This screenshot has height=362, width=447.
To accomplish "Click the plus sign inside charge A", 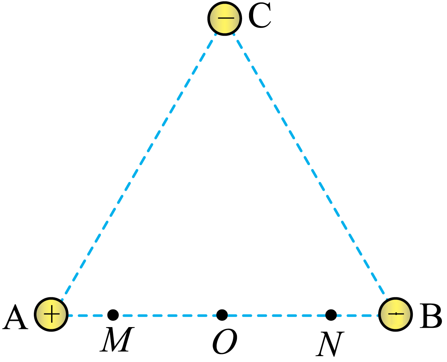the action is pos(52,314).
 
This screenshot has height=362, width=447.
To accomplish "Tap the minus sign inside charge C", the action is pos(226,18).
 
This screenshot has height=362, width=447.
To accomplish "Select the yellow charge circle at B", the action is pos(395,314).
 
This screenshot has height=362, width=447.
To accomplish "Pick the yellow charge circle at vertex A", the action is pos(51,314).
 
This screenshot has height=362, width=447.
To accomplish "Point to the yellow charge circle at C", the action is pos(225,18).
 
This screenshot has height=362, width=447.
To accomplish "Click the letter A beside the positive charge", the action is pos(15,318).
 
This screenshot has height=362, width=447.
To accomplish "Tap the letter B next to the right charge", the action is pos(431,316).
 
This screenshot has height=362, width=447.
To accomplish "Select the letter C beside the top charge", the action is pos(260,15).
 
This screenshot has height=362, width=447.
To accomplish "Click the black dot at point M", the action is pos(113,315).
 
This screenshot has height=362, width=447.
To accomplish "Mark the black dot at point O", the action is pos(222,315).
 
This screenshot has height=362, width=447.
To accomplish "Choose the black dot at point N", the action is pos(331,315).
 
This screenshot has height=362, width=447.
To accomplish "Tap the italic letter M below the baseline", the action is pos(117,339).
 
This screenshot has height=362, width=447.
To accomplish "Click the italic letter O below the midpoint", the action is pos(225,341).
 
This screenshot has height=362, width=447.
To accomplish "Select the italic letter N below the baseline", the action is pos(330,344).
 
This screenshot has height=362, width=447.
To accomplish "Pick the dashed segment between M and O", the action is pos(167,315).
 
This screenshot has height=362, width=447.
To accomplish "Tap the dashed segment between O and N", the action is pos(277,315).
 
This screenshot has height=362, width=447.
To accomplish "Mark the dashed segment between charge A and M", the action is pos(88,315).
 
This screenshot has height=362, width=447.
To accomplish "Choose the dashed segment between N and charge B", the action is pos(358,315).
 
